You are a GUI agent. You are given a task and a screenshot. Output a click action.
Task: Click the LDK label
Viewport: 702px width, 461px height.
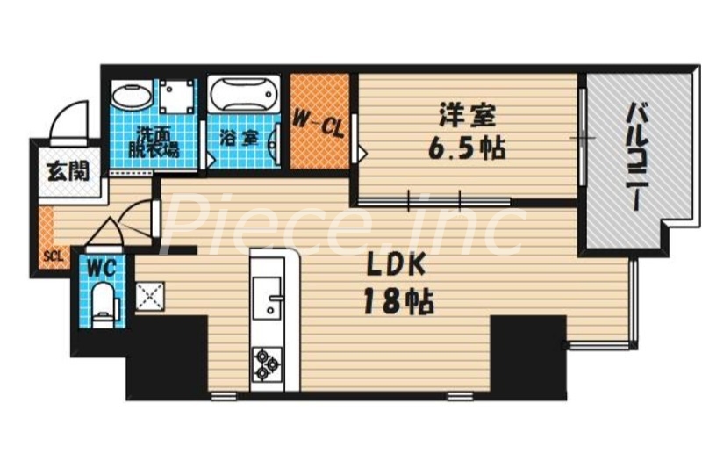396,264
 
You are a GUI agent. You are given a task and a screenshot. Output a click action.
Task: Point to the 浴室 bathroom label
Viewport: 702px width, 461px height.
238,138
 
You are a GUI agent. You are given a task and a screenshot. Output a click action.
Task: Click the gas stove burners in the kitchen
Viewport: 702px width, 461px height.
266,363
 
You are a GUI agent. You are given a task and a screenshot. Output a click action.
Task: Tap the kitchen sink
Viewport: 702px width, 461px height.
266,296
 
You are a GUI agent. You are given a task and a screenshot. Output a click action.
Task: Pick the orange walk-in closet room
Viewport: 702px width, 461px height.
319,123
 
